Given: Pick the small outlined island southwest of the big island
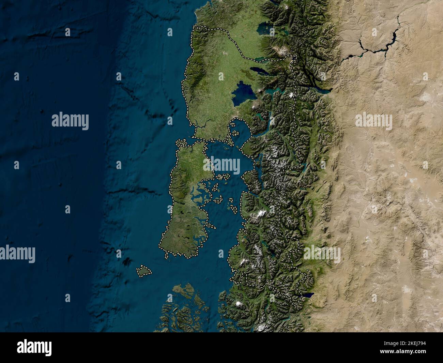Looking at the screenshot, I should coord(144,271).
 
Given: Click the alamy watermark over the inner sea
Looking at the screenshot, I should coord(221,165).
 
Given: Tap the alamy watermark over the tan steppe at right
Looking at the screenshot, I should coord(373,121).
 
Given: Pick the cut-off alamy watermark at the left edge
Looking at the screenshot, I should coord(17,254).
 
